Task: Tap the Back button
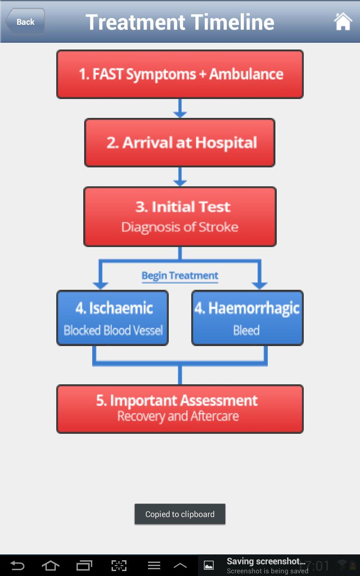coord(25,22)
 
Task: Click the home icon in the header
coord(343,22)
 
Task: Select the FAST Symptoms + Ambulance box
coord(180,74)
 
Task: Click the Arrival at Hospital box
coord(180,143)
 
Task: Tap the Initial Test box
coord(180,217)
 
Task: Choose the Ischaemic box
coord(112,318)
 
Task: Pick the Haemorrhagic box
coord(247,318)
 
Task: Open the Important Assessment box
coord(180,409)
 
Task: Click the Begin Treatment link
coord(180,276)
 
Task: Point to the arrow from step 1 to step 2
coord(180,108)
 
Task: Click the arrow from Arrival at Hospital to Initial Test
coord(180,177)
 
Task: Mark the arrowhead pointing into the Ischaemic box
coord(100,285)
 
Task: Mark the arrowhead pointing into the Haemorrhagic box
coord(260,285)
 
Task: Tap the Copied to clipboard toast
coord(180,514)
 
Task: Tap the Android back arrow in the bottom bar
coord(17,566)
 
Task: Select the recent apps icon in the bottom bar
coord(84,566)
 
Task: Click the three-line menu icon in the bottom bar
coord(154,566)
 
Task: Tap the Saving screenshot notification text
coord(266,561)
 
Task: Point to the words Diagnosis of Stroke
coord(180,227)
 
